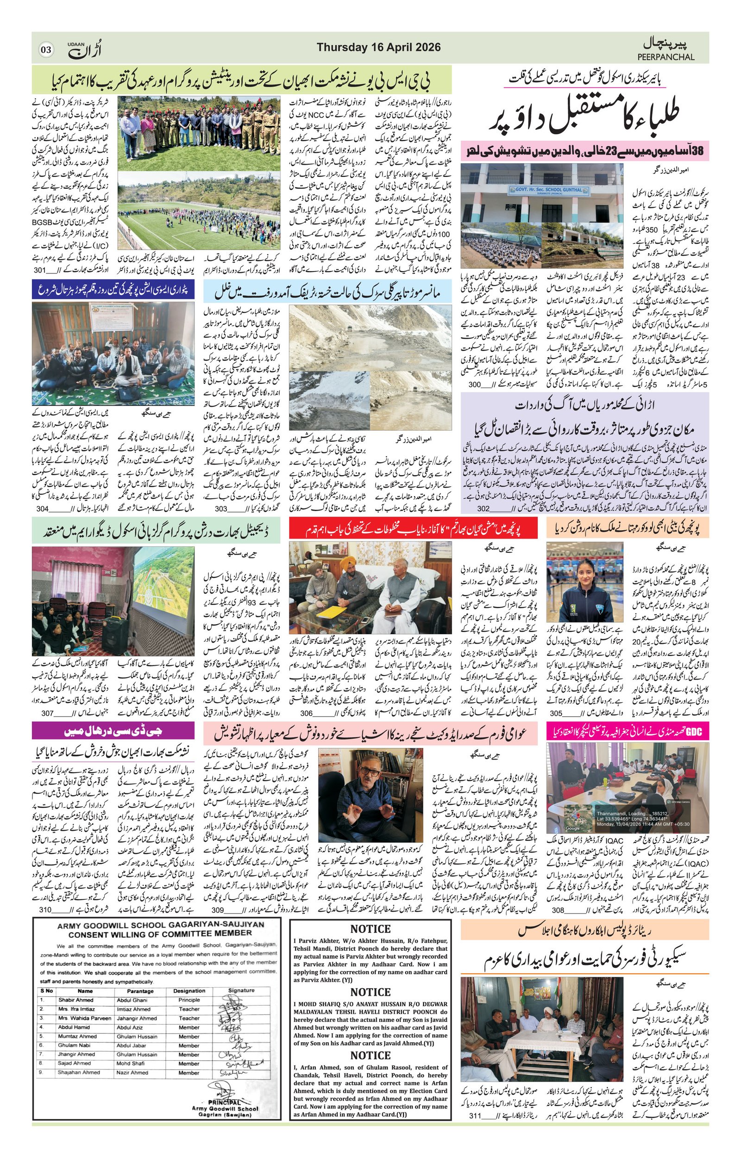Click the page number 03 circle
click(46, 50)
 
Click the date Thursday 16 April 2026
click(378, 47)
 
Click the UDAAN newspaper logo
click(85, 49)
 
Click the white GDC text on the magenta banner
click(694, 731)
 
